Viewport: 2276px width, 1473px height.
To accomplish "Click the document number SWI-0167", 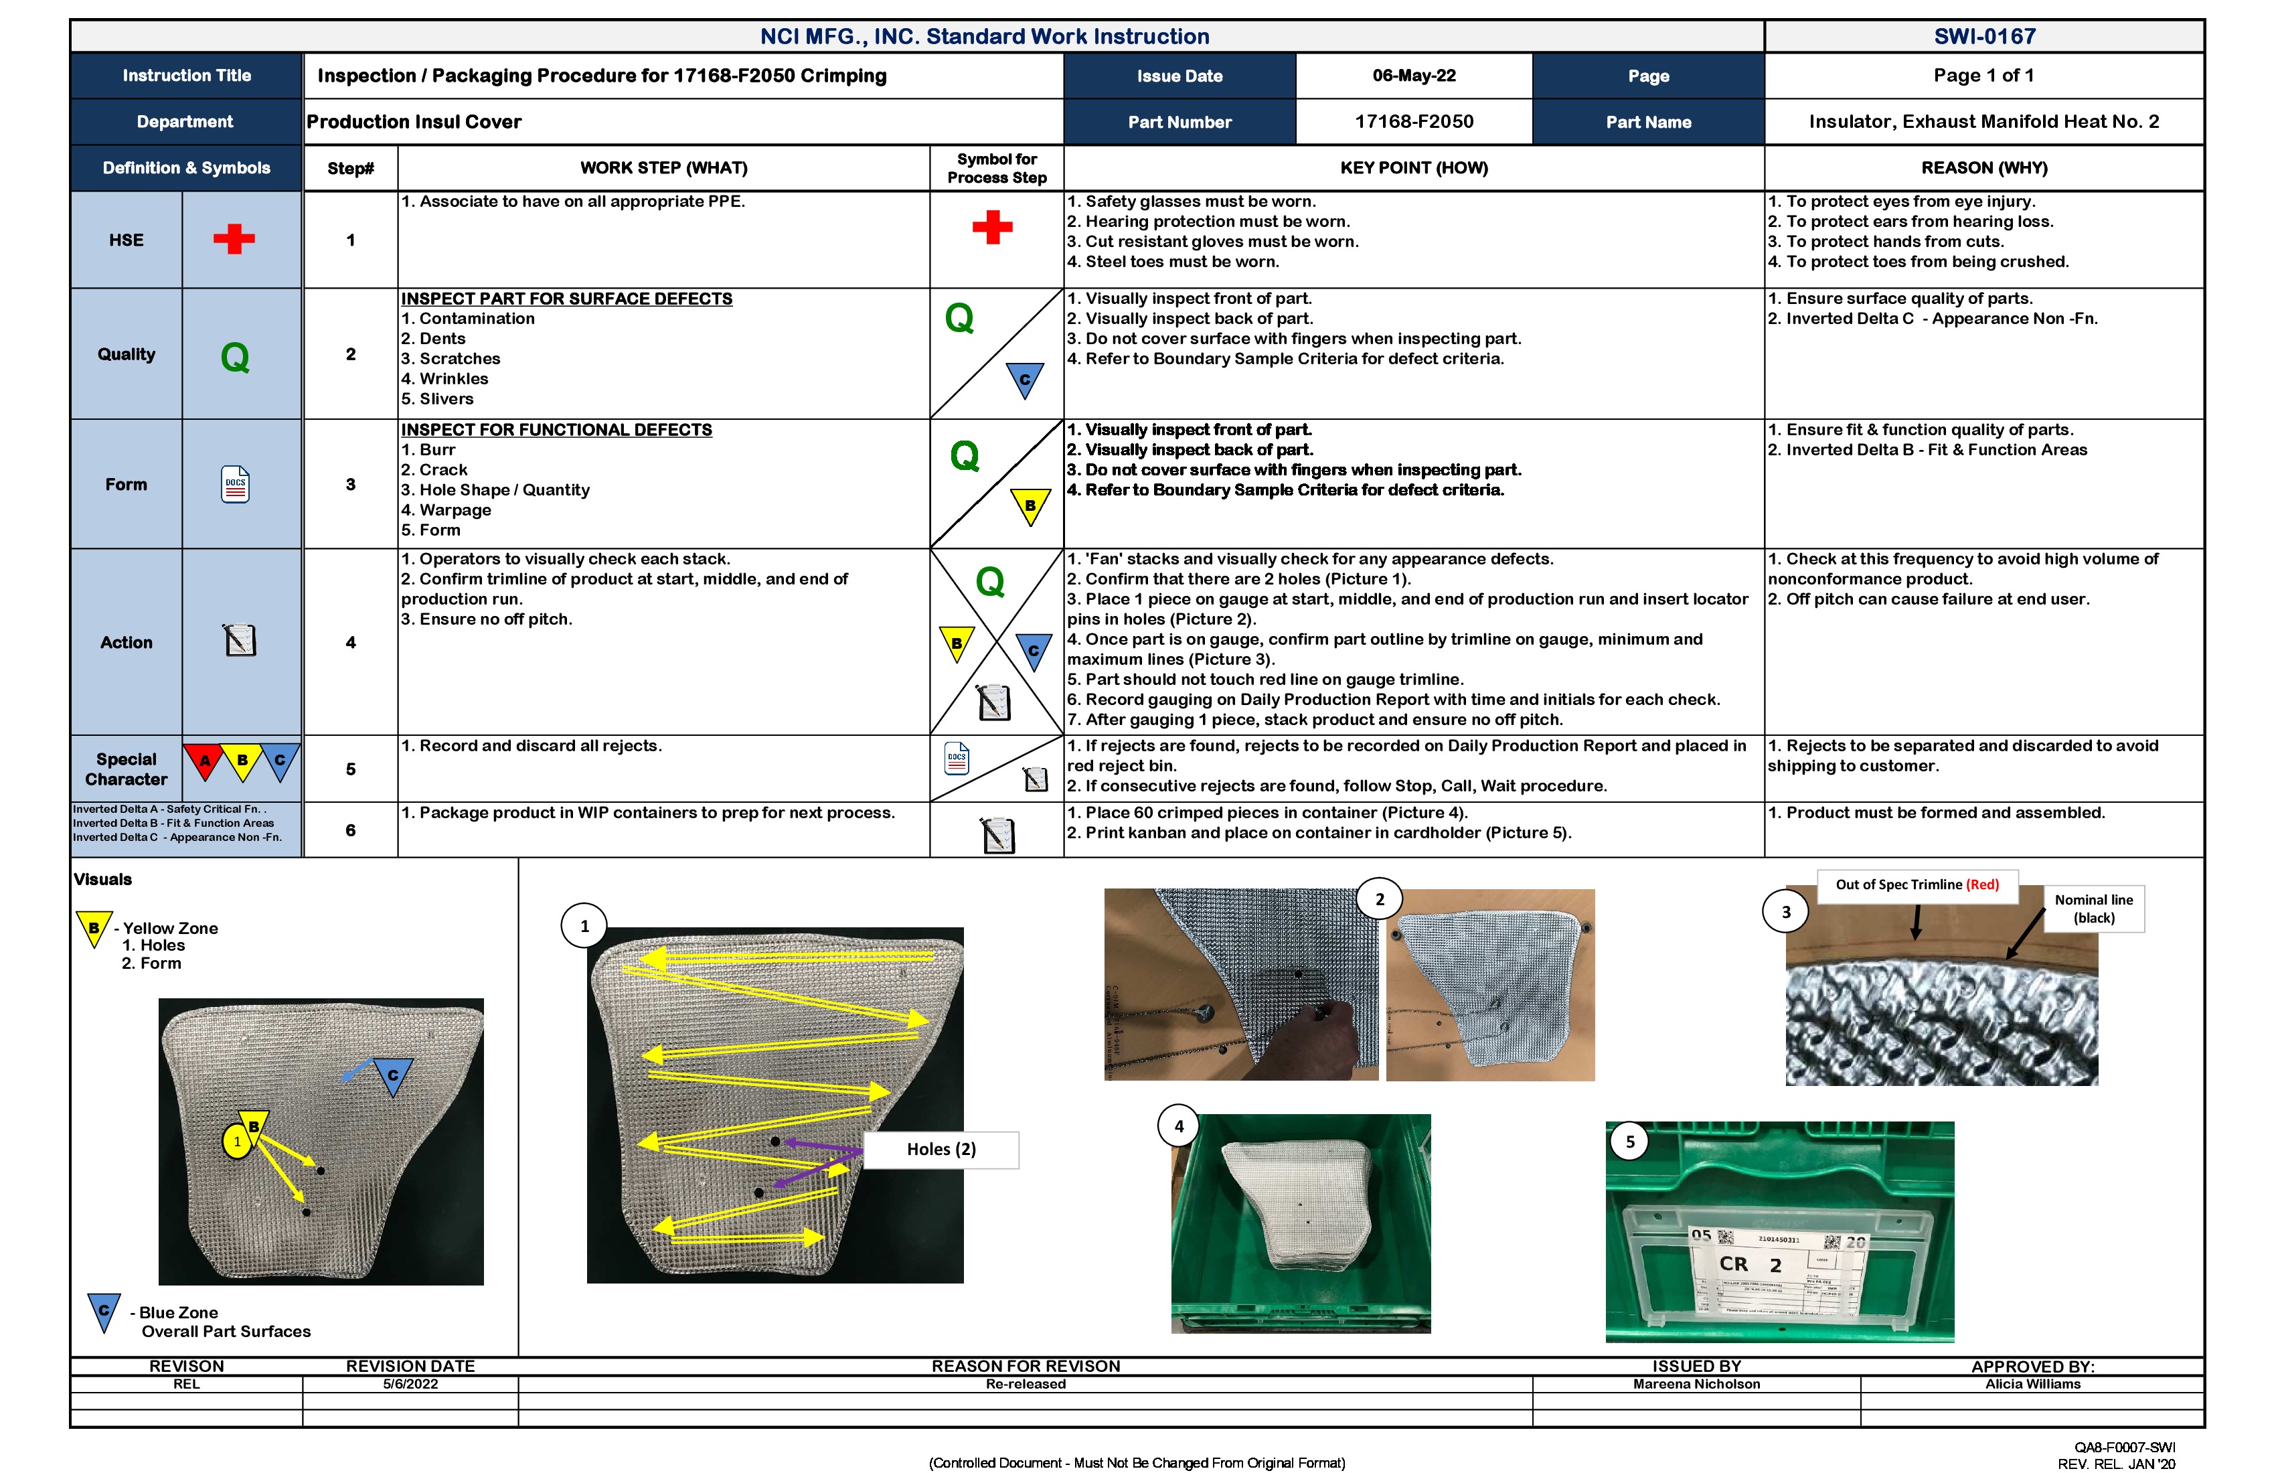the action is point(1983,36).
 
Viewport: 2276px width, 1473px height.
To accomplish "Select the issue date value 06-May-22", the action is point(1413,76).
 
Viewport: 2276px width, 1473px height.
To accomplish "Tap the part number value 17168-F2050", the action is point(1413,121).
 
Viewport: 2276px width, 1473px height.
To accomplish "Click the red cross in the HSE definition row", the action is point(234,238).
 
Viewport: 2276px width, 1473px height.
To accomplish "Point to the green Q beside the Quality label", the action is point(234,358).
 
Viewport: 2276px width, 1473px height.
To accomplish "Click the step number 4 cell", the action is point(350,643).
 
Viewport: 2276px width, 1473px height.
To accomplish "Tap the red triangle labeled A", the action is point(204,761).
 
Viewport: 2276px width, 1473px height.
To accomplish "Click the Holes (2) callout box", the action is point(941,1149).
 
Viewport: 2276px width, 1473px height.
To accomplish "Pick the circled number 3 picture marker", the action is point(1785,911).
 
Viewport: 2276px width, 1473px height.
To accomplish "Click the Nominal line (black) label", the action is point(2093,909).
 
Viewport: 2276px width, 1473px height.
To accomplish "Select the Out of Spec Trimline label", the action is point(1917,884).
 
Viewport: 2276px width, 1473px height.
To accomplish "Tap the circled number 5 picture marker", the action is point(1629,1141).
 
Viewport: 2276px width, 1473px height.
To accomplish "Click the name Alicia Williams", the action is point(2032,1384).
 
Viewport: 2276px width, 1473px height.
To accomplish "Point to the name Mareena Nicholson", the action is point(1696,1384).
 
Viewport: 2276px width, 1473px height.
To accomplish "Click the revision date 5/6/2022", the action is point(410,1384).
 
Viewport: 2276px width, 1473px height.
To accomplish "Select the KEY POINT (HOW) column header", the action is point(1413,168).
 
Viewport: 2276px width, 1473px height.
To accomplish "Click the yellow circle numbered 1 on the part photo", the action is point(237,1141).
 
